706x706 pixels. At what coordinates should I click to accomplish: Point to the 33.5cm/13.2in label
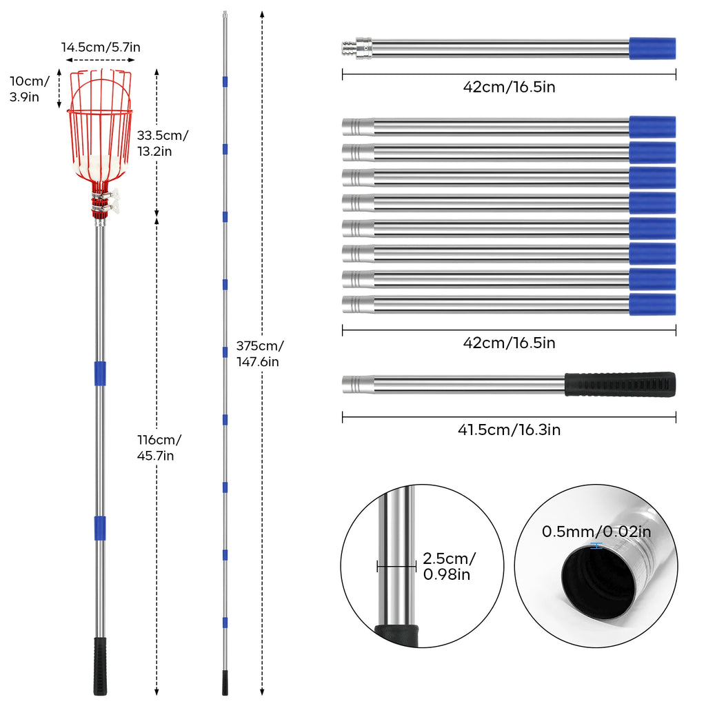click(x=162, y=143)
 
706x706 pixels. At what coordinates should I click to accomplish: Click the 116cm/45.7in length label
click(x=159, y=447)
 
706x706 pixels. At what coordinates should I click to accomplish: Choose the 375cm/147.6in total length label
click(x=259, y=353)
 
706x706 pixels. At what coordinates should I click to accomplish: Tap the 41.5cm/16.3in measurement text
click(x=510, y=430)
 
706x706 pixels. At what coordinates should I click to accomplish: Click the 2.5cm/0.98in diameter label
click(x=450, y=566)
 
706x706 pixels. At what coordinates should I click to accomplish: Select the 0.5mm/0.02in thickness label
click(x=596, y=532)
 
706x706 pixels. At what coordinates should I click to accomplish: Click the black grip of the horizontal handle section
click(x=620, y=383)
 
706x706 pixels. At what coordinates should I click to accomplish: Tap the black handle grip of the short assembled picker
click(x=100, y=666)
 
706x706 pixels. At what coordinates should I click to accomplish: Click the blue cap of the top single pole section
click(x=652, y=48)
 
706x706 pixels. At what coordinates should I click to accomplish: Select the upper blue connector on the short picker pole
click(x=100, y=373)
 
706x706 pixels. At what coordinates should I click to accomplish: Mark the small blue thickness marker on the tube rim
click(x=596, y=545)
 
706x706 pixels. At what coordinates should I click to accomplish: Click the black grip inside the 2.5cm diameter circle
click(x=396, y=632)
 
